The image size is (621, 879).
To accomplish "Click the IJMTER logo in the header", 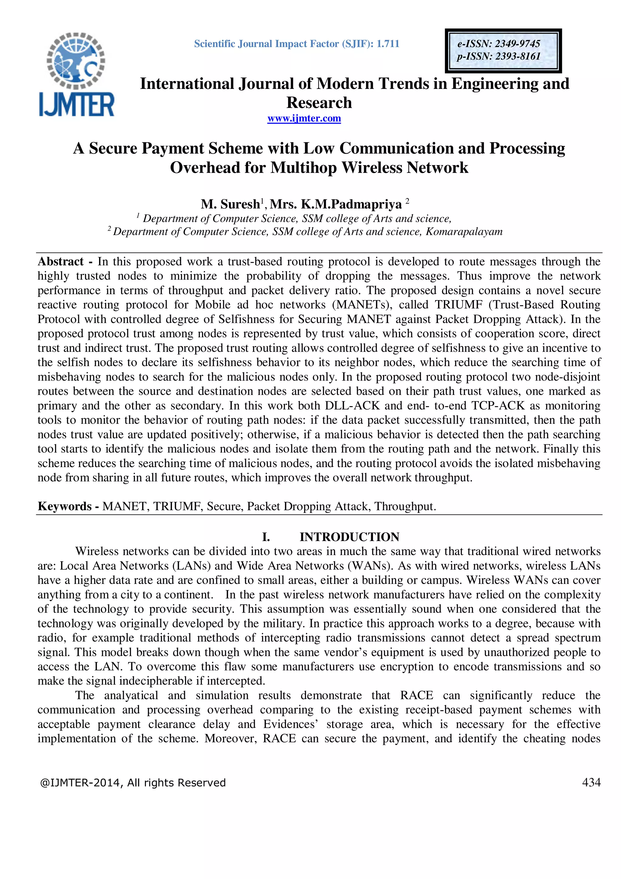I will click(76, 75).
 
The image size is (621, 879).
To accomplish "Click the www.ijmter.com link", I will click(304, 118).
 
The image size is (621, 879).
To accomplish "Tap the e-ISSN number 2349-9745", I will click(517, 44).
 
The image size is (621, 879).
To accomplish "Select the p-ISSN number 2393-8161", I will click(517, 56).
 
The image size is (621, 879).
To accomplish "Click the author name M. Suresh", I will click(230, 204).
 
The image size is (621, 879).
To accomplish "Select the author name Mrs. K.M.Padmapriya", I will click(336, 204).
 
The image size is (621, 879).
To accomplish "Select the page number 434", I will click(591, 782).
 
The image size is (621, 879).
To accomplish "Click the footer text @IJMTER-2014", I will click(81, 782).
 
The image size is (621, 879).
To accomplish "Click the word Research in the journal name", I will click(319, 103).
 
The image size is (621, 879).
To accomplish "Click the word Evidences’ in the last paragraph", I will click(290, 724).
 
